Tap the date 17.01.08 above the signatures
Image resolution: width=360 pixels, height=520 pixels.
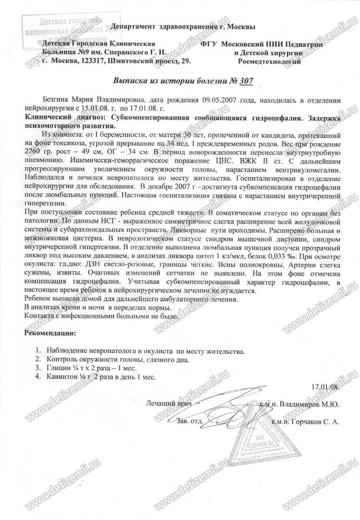click(324, 385)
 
